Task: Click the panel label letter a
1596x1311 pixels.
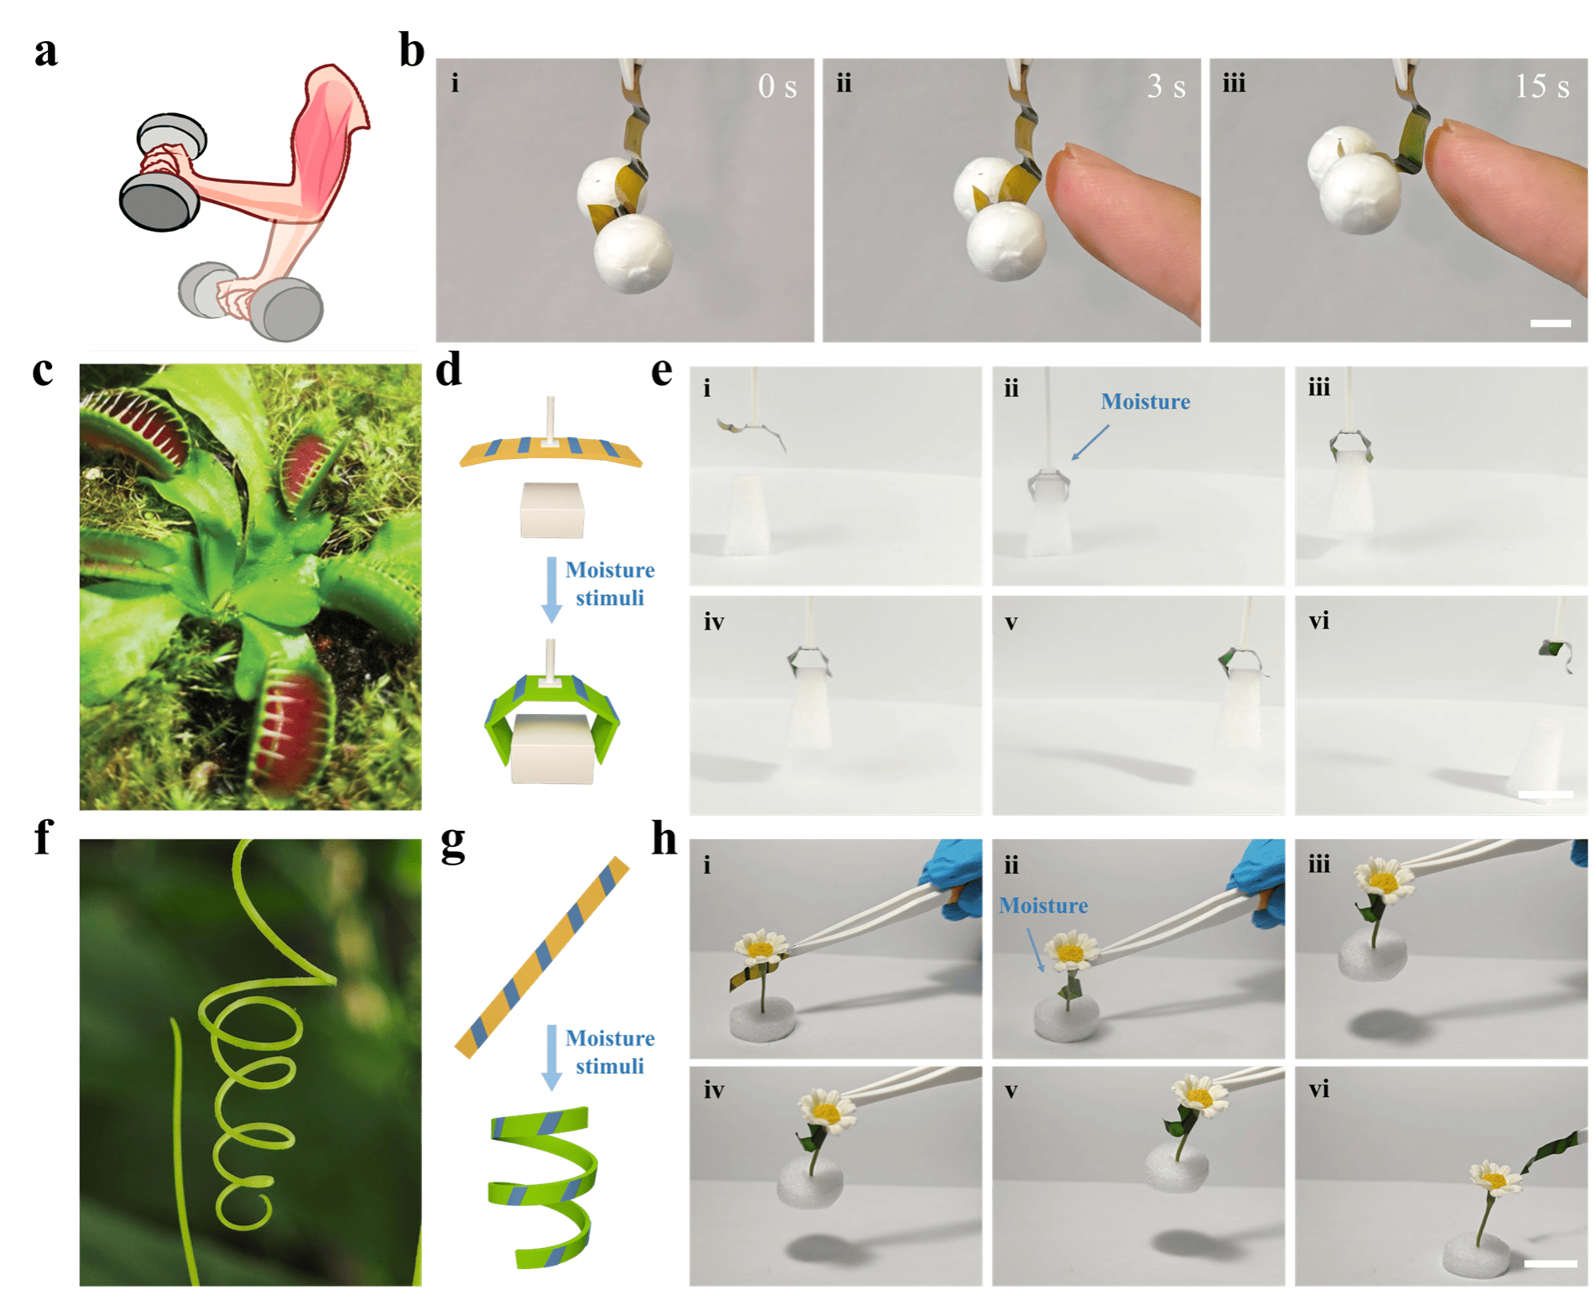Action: (46, 52)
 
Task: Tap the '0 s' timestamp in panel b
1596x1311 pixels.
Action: (777, 86)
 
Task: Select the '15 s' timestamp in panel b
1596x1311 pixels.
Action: (1541, 86)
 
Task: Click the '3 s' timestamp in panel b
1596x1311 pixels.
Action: (1166, 86)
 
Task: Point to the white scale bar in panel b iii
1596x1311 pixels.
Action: (1550, 323)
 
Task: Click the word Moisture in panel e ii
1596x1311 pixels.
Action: (1145, 401)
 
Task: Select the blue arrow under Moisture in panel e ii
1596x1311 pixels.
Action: (1090, 442)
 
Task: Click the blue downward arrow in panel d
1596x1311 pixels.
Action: (551, 589)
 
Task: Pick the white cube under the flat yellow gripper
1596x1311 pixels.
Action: (551, 509)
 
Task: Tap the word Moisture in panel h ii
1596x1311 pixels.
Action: (1043, 906)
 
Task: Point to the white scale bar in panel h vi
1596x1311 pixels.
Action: (1550, 1263)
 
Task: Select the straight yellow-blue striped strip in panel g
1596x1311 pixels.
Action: (542, 957)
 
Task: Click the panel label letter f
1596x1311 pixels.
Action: (44, 838)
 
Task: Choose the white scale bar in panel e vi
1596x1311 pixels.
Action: (1546, 794)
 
